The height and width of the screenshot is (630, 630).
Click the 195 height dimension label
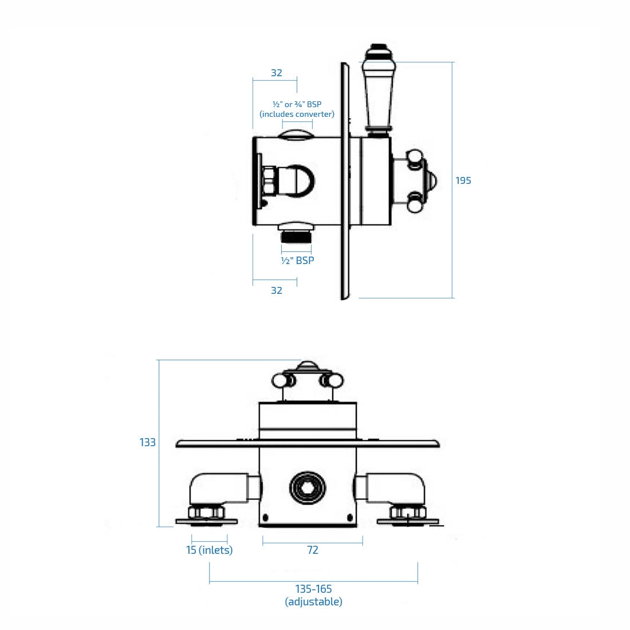463,180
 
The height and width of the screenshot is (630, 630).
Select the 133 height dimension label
147,442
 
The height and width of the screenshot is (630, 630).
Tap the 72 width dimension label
312,550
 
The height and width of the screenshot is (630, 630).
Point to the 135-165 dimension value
313,589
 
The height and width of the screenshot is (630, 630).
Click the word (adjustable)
313,601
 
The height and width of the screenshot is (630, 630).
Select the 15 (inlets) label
209,550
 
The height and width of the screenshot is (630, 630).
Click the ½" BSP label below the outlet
297,260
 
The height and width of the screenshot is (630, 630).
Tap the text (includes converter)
297,114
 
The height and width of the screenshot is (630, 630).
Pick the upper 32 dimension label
276,73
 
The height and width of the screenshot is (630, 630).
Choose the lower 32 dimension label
276,290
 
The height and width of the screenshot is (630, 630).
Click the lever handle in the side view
377,92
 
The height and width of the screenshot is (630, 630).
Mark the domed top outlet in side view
296,135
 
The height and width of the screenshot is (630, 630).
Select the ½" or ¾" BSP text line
297,104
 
